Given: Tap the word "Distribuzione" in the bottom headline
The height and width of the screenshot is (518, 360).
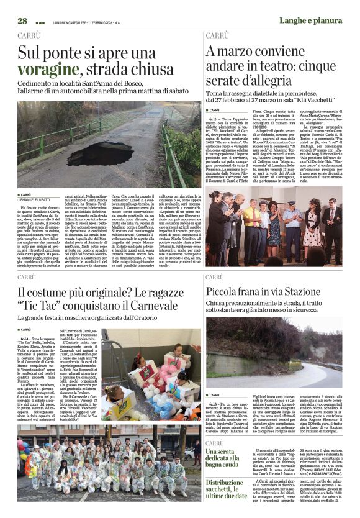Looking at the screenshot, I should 229,483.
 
